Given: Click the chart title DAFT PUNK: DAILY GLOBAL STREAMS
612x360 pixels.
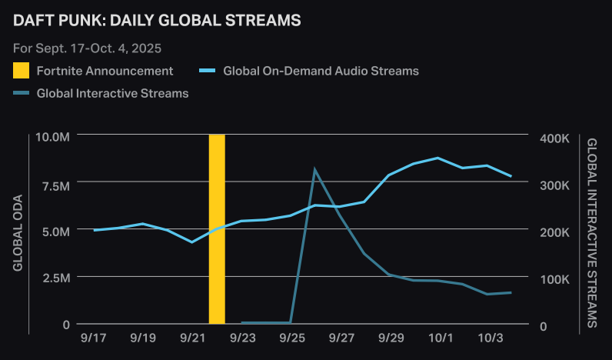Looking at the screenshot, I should pyautogui.click(x=157, y=21).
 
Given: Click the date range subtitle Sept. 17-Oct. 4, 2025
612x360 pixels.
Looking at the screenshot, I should pyautogui.click(x=88, y=48).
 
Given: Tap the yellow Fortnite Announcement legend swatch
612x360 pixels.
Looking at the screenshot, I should pyautogui.click(x=22, y=71).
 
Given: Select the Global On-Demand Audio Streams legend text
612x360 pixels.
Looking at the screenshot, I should pyautogui.click(x=321, y=71).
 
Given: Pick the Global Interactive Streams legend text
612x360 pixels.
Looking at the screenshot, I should pyautogui.click(x=112, y=93).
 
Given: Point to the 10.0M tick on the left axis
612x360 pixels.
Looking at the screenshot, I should pyautogui.click(x=53, y=137).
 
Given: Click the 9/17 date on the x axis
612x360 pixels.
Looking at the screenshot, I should pyautogui.click(x=95, y=338).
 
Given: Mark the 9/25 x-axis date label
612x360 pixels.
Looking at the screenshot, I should pyautogui.click(x=291, y=338).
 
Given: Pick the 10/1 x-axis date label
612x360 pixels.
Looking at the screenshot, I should pyautogui.click(x=440, y=338).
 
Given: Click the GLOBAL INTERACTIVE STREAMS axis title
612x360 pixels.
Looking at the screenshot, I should pyautogui.click(x=592, y=232).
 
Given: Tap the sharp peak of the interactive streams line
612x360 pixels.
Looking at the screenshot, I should pyautogui.click(x=315, y=169).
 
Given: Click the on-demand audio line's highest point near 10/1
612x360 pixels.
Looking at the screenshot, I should pyautogui.click(x=437, y=158).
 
